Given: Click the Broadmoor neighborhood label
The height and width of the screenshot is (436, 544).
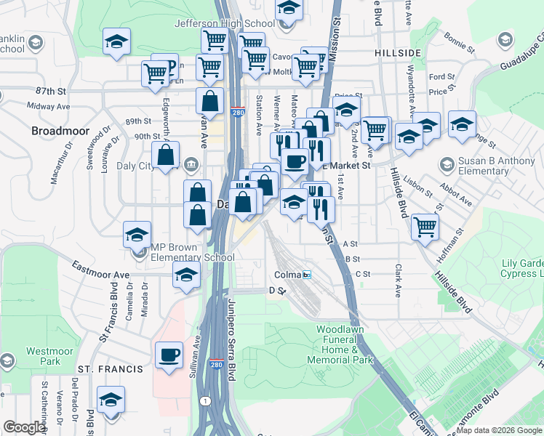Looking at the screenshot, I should click(x=60, y=132).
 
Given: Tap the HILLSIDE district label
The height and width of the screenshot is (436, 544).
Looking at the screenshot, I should click(x=398, y=54).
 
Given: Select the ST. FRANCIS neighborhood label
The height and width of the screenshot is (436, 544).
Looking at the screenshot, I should click(x=111, y=369).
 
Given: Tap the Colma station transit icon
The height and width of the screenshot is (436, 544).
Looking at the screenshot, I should click(x=307, y=275).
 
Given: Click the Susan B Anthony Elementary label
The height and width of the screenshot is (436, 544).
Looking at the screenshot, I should click(x=489, y=167).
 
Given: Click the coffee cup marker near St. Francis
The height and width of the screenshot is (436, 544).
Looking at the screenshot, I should click(x=169, y=356).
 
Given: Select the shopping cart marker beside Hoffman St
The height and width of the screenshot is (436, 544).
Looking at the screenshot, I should click(x=425, y=226).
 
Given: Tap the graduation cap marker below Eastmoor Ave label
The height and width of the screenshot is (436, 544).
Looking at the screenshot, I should click(x=186, y=276).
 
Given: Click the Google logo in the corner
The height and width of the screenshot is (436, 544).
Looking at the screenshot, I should click(x=24, y=427).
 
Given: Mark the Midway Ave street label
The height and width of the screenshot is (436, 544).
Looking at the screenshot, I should click(x=47, y=106).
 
